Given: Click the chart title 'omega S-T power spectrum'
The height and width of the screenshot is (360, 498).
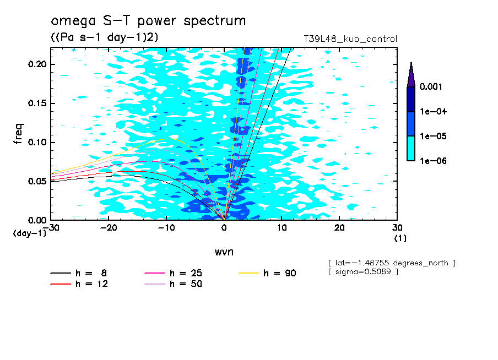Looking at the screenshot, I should pos(148,21).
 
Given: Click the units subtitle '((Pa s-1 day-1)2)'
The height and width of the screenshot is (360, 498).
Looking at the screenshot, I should pos(101,37).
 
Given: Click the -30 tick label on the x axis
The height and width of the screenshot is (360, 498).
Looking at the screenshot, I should pos(52,227).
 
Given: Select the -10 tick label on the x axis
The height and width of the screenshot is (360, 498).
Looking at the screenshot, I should pos(166,227).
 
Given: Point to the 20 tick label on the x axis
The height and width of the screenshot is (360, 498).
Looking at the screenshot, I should pos(339,227).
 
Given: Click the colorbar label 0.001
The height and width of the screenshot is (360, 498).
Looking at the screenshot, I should pos(431,87).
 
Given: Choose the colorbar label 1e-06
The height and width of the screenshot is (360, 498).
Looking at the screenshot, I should pos(431,161).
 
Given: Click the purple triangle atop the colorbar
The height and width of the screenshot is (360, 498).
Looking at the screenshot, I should pos(411,75).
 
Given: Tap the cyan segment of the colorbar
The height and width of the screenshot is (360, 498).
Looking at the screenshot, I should pos(411,148).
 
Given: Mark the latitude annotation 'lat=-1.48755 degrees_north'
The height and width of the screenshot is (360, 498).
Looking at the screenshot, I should pos(391,263).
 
